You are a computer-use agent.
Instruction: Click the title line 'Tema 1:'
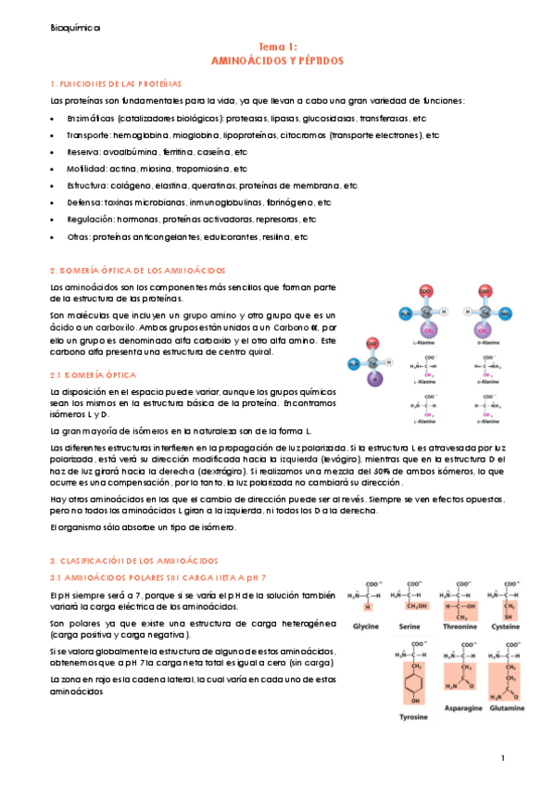point(278,45)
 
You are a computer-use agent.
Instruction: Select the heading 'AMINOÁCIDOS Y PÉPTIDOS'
point(278,59)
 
